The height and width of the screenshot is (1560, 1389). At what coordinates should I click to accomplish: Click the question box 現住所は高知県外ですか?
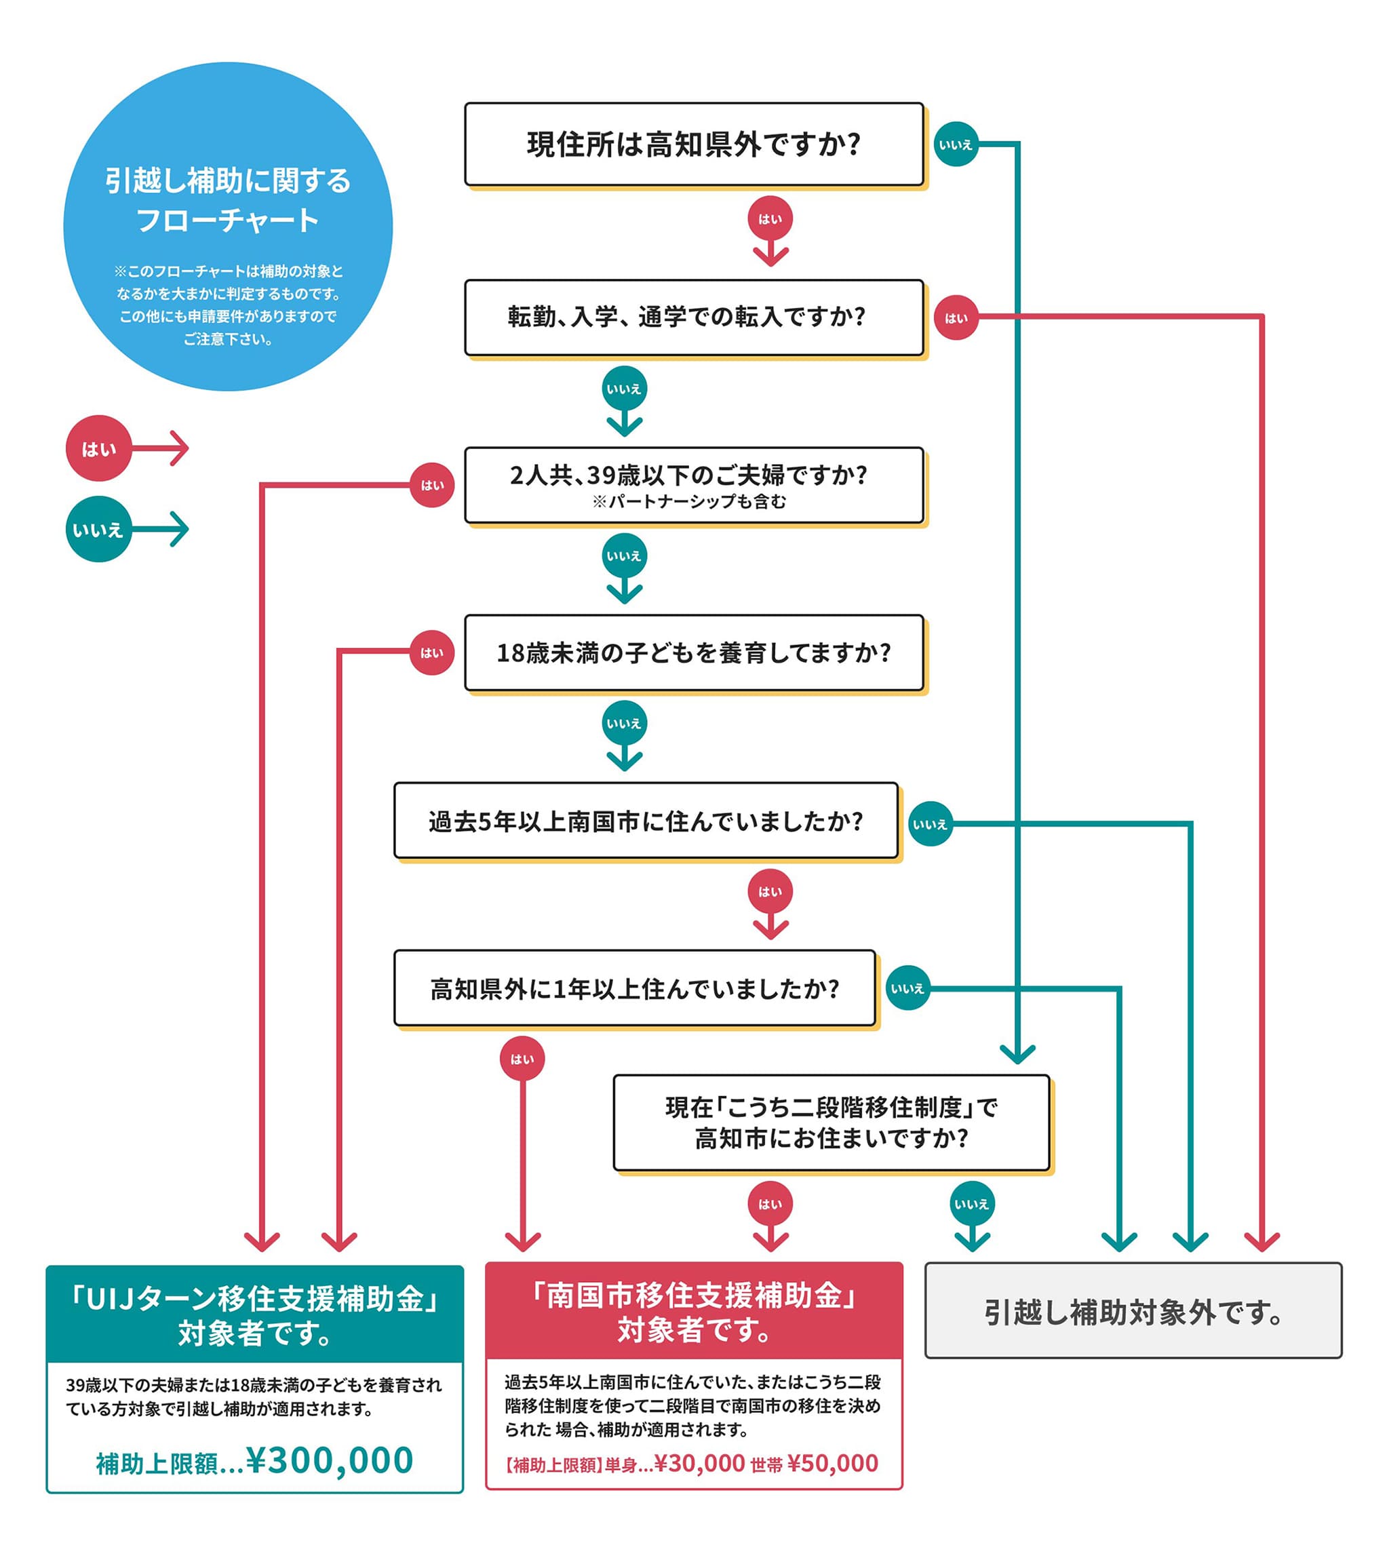[693, 144]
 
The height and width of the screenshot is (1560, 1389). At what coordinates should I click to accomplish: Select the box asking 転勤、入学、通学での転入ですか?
[693, 317]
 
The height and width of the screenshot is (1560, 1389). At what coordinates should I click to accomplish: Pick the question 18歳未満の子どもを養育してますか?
[693, 652]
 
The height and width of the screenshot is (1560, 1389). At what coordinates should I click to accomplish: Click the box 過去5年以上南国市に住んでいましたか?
[646, 821]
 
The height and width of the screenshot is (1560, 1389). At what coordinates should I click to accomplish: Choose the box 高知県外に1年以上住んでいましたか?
[634, 989]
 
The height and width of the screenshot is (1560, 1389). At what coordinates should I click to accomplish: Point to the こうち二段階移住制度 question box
[831, 1123]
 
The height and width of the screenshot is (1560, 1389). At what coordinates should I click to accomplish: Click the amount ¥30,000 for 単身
[699, 1463]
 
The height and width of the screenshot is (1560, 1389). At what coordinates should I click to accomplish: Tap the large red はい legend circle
[98, 449]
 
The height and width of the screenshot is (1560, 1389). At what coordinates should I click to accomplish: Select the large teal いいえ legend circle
[98, 530]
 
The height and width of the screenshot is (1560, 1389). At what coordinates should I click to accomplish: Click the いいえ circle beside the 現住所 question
[956, 144]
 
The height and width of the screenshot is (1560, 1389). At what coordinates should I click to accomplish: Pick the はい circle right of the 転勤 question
[956, 317]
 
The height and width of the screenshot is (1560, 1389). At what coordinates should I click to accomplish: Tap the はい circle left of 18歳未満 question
[432, 653]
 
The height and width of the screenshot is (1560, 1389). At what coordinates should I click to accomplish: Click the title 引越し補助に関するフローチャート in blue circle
[227, 200]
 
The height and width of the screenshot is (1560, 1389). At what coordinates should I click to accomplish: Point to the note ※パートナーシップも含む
[688, 501]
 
